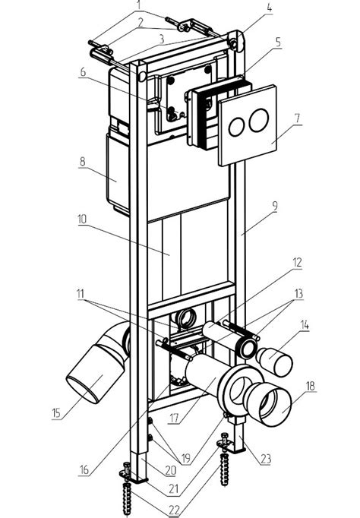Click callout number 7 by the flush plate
[x=297, y=118]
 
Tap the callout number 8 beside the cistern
[x=82, y=161]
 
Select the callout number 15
[x=56, y=413]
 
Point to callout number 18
[x=310, y=386]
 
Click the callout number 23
[x=266, y=459]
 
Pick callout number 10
[x=82, y=219]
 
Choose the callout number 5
[x=277, y=42]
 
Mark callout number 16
[x=84, y=469]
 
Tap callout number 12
[x=297, y=262]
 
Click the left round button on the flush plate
[x=237, y=127]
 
